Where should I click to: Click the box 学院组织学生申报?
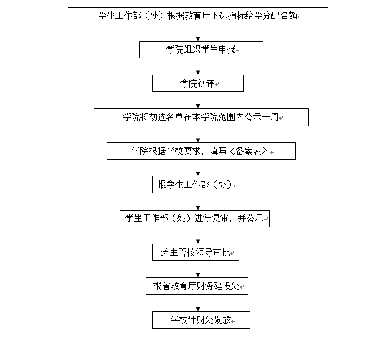tap(201, 50)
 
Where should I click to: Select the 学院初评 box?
tap(198, 83)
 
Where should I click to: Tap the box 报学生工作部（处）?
tap(196, 185)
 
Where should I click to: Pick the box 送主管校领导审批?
tap(196, 252)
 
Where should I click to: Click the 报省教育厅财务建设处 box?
tap(197, 286)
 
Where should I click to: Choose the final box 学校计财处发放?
tap(201, 320)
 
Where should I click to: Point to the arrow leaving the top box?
tap(198, 33)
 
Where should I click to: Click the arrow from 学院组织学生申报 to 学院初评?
tap(198, 67)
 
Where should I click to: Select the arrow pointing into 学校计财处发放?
tap(198, 303)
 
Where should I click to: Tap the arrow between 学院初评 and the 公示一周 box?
tap(198, 100)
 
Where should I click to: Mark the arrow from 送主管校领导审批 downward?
tap(198, 269)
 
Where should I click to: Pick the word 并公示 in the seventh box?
tap(251, 218)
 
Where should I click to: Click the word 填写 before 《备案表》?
tap(218, 151)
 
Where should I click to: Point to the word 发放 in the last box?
tap(223, 320)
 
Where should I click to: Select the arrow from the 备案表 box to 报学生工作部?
tap(198, 168)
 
